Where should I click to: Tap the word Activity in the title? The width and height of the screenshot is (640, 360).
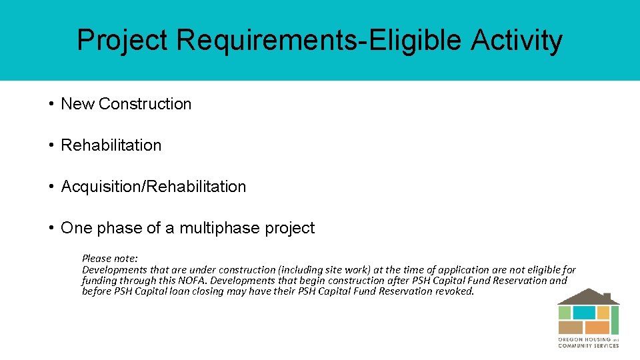tap(517, 41)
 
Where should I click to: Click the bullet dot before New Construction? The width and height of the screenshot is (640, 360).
tap(51, 104)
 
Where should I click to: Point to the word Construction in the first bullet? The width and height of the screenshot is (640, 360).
tap(145, 104)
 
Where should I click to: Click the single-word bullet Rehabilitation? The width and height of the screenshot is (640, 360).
tap(111, 145)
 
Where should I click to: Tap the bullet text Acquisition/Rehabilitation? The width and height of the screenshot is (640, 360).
tap(153, 187)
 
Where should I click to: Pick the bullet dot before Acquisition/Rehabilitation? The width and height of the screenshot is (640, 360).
tap(51, 187)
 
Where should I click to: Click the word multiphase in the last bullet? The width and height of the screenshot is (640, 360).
tap(218, 228)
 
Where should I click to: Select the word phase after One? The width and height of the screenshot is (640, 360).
tap(118, 228)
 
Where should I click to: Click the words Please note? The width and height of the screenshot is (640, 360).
tap(110, 258)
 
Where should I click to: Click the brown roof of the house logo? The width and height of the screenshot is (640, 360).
tap(588, 297)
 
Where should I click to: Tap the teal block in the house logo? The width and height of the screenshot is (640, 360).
tap(584, 313)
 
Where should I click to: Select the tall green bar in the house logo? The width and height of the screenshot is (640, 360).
tap(615, 319)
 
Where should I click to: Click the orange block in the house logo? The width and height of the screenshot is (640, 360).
tap(597, 327)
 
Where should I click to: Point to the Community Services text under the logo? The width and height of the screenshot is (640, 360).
tap(589, 345)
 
